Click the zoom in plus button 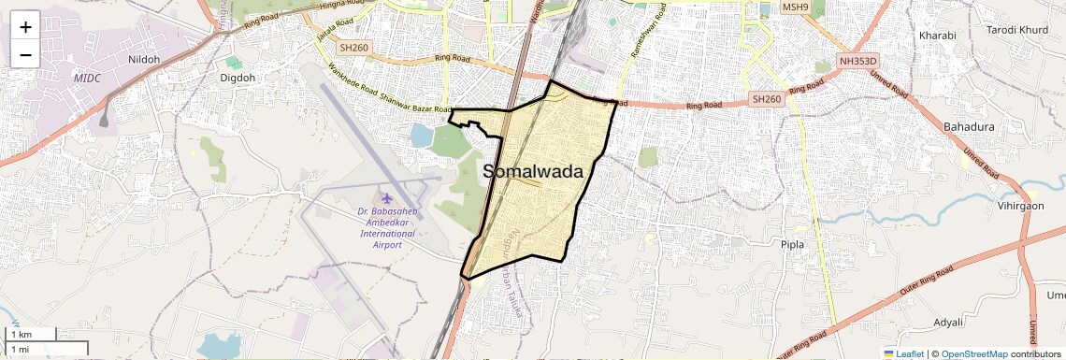tap(25, 26)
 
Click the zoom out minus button tap(25, 54)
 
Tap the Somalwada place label tap(533, 172)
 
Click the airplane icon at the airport tap(384, 198)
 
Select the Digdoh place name tap(238, 79)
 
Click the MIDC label tap(87, 78)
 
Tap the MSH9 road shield tap(795, 7)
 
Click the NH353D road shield tap(859, 62)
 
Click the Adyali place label tap(948, 323)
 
